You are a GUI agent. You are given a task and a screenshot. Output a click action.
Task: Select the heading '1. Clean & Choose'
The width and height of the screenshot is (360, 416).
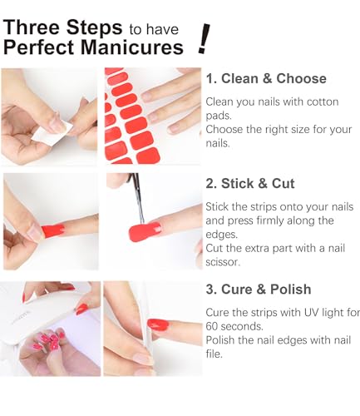266,79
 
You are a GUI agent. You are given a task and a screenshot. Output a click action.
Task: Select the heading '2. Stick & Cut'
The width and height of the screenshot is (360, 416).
250,184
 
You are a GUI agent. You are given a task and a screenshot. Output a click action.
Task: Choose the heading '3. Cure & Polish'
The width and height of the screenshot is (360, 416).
259,290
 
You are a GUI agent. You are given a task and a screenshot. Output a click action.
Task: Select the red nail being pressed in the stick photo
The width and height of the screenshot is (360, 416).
52,230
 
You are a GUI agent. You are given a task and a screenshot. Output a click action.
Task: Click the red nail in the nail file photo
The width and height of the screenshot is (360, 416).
157,324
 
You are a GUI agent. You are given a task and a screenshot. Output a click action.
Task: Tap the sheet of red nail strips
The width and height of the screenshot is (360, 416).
129,116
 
